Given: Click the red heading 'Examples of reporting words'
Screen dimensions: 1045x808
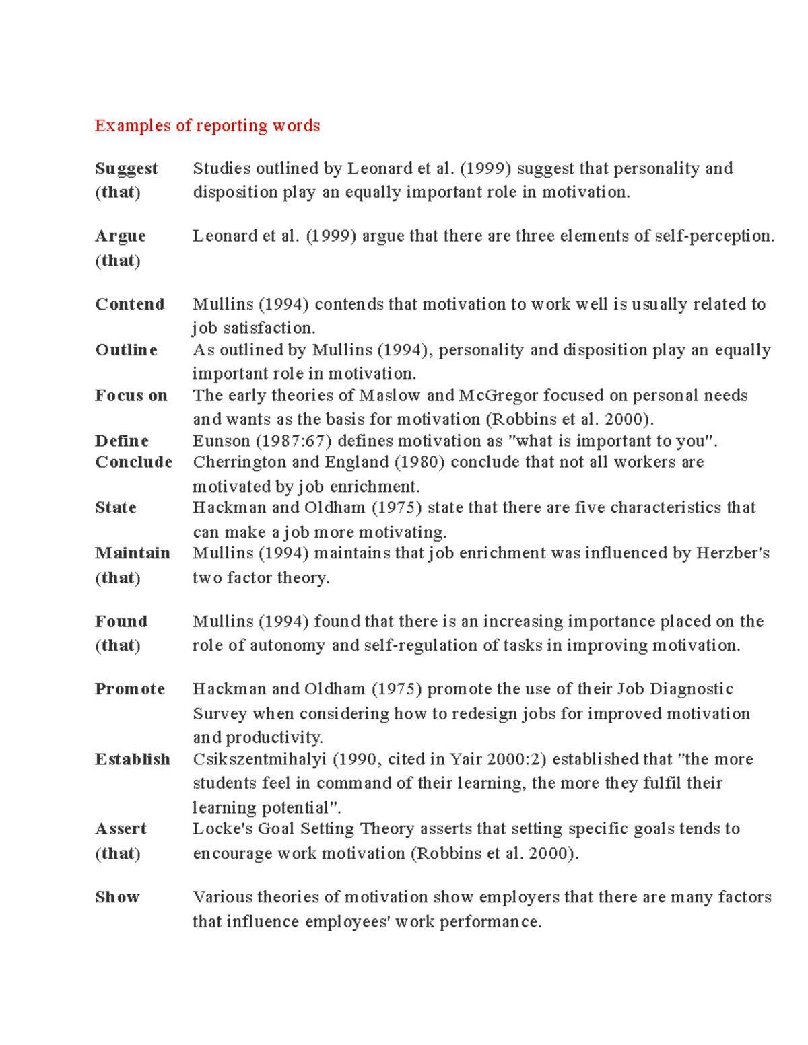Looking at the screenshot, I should (207, 126).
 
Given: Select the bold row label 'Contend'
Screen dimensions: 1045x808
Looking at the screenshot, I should (130, 304).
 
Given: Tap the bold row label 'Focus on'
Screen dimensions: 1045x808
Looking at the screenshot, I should (131, 396).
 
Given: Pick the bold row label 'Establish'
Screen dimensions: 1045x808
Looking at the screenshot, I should (133, 760).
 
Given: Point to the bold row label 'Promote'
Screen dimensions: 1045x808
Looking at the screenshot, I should (130, 689).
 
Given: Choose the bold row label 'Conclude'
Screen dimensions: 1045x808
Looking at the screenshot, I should (134, 462).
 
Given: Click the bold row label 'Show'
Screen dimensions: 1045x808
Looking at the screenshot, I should (117, 897).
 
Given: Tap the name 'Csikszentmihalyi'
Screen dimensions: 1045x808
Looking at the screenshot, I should (259, 760).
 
